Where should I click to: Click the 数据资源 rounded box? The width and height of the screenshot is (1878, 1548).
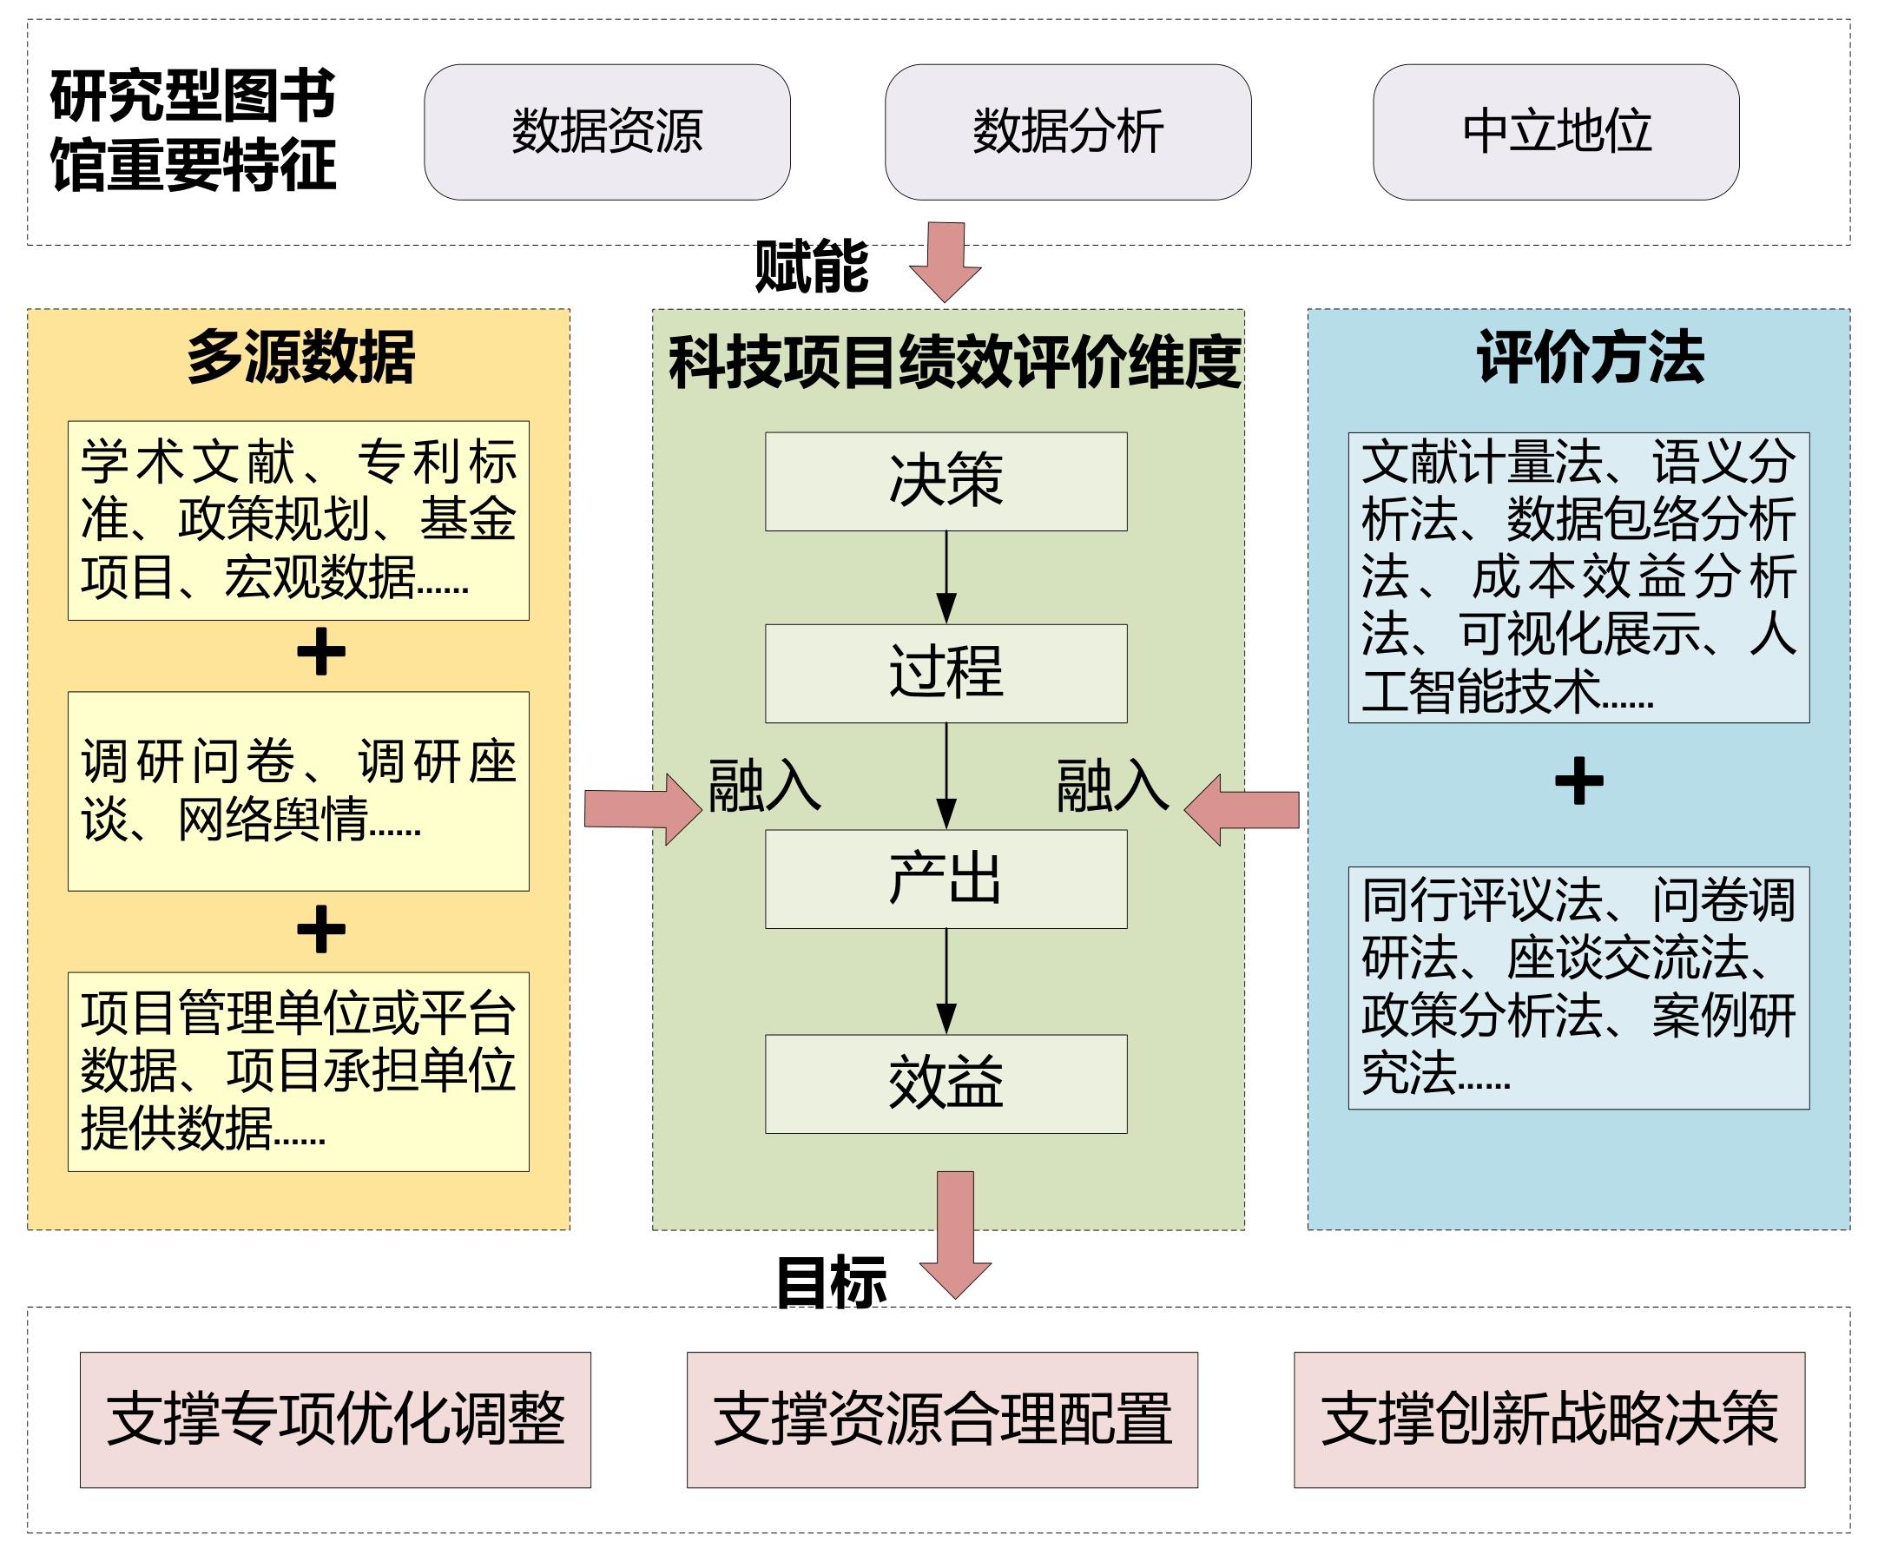point(606,132)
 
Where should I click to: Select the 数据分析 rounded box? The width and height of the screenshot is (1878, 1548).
point(1067,132)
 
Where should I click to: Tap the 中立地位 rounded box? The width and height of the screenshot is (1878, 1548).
point(1555,132)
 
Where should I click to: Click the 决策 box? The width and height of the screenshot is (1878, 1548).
point(946,482)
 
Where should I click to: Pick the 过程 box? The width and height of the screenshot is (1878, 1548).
point(946,673)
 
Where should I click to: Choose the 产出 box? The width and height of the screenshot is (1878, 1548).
point(946,879)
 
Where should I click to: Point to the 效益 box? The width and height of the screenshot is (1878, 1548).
point(946,1084)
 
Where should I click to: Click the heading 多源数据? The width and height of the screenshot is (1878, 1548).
point(300,358)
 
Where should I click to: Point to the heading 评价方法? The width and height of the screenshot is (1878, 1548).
point(1590,358)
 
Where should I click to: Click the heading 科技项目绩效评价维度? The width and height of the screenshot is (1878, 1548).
point(954,362)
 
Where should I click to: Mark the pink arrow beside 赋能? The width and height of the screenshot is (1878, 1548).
point(946,260)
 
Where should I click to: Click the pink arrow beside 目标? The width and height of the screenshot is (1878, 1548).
point(955,1234)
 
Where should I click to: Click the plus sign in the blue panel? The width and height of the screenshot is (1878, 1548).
point(1578,781)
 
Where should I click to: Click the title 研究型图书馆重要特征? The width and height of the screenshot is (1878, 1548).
point(193,130)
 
